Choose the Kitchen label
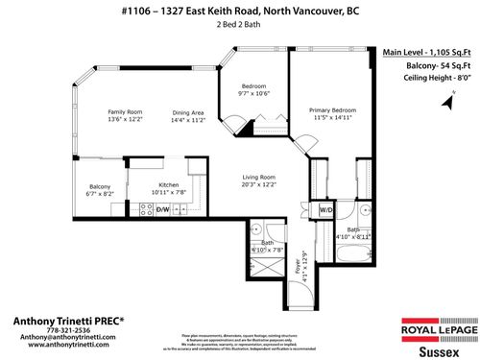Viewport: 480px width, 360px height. [168, 184]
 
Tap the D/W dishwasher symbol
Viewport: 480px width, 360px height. [162, 209]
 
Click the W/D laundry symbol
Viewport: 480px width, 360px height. [325, 209]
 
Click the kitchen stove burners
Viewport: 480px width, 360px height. [146, 209]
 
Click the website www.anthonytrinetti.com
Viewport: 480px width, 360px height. [56, 346]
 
